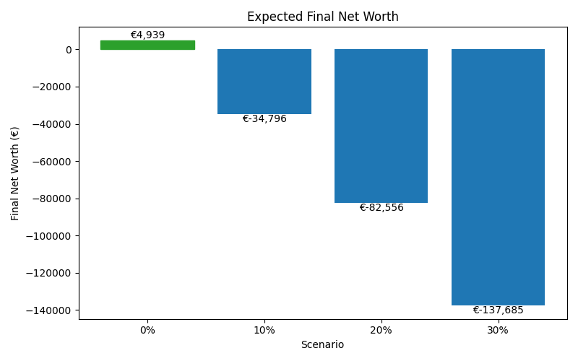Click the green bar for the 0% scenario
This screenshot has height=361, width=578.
pos(147,45)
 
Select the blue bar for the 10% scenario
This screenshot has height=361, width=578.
pos(264,82)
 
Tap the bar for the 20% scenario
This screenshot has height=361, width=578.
pos(381,126)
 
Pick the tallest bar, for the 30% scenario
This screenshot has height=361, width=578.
pos(498,177)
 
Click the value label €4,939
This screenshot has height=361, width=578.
pos(147,35)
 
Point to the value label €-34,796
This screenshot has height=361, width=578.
pos(264,119)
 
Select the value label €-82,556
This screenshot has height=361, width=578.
pos(381,208)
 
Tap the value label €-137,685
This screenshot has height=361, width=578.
pos(498,310)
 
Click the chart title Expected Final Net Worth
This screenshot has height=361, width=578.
pos(322,17)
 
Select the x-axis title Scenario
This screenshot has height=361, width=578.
pos(322,345)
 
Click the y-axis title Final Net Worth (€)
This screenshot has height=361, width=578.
pos(15,173)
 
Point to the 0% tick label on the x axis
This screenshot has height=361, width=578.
pos(147,330)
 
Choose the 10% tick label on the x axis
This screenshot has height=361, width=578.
pos(264,330)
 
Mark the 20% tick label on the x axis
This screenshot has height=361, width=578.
pos(381,330)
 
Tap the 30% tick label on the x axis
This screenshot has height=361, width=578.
pos(498,330)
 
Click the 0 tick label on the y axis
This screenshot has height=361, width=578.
pos(69,50)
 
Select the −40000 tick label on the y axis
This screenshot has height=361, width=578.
pos(52,124)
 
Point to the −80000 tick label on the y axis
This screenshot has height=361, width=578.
pos(52,199)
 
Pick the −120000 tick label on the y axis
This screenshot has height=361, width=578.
pos(49,274)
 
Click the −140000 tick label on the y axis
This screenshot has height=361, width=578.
pos(49,310)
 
